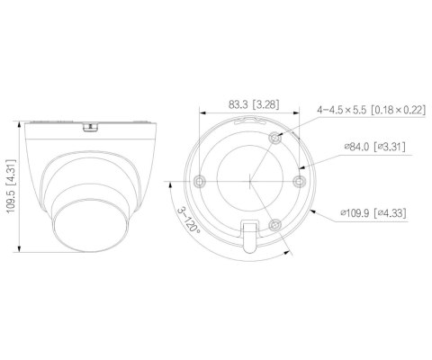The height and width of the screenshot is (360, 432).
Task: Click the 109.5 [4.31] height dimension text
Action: (10, 184)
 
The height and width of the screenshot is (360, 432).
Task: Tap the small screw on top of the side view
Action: (88, 127)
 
